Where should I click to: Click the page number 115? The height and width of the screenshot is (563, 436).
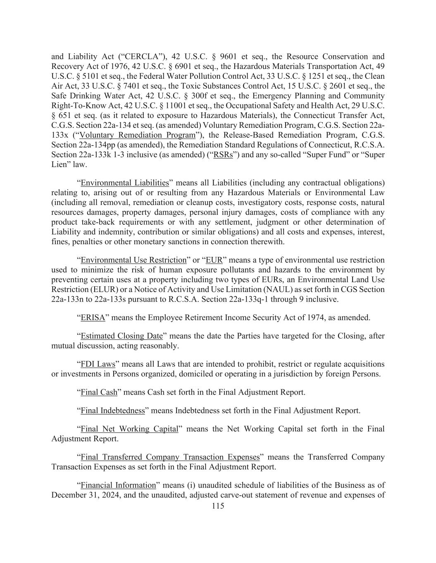[x=218, y=506]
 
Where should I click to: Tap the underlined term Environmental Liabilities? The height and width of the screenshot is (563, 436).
[x=125, y=183]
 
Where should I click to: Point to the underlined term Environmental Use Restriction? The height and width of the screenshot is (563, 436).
[x=133, y=260]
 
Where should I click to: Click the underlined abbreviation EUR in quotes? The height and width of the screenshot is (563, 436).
[x=214, y=260]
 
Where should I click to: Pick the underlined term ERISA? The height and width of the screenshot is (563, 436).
[x=93, y=318]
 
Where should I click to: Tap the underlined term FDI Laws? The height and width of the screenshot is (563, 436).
[x=98, y=364]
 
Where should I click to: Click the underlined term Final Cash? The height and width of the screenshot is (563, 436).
[x=99, y=392]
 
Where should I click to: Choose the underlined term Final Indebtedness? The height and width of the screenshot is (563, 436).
[x=113, y=410]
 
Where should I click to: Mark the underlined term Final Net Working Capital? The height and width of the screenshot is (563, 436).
[x=129, y=429]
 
